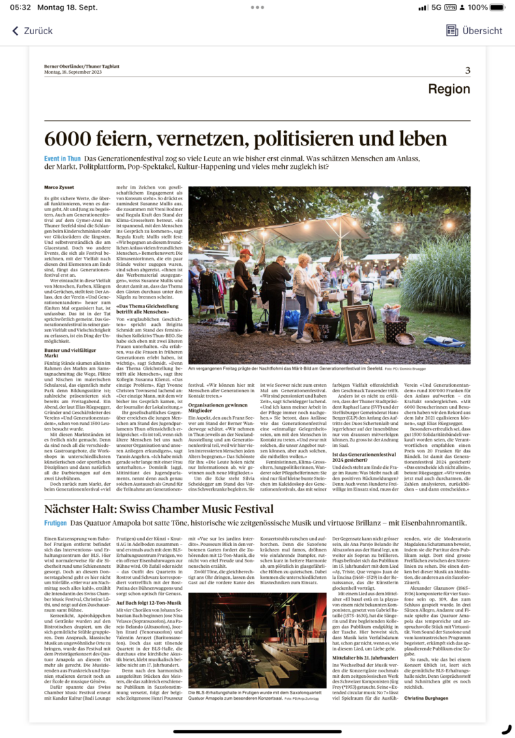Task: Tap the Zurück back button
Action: [x=32, y=31]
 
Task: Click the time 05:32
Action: [x=20, y=8]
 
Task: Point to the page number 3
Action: [x=467, y=70]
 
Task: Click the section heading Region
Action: [x=449, y=90]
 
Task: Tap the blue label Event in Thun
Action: [x=63, y=158]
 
